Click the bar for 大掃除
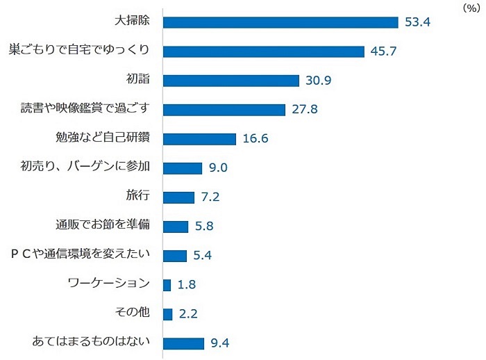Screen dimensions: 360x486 point(280,22)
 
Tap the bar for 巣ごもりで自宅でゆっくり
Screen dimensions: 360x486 point(264,51)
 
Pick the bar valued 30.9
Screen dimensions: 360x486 point(231,81)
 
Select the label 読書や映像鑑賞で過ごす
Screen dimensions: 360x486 point(87,109)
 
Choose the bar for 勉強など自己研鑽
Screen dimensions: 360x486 point(200,139)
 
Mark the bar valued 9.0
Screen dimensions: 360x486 point(183,168)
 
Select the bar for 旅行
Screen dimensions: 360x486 point(178,197)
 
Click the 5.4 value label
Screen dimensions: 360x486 point(202,256)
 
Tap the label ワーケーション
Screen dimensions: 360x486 point(110,284)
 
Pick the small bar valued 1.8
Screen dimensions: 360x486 point(167,285)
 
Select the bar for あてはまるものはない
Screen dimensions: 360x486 point(183,343)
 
